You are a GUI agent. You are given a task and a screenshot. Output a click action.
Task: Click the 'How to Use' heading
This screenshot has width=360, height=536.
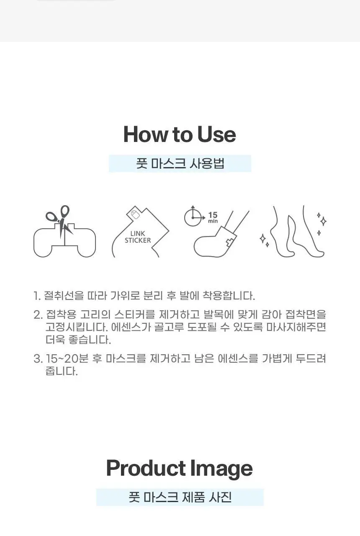[x=180, y=134]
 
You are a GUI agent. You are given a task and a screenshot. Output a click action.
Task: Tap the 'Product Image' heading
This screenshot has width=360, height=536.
[x=180, y=468]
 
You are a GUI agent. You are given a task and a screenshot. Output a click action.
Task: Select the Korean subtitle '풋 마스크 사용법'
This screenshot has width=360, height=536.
[x=180, y=164]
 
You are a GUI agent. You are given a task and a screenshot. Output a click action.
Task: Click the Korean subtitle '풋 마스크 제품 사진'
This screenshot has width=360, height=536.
[x=180, y=497]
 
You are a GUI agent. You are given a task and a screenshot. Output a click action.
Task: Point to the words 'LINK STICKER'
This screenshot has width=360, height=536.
[x=138, y=237]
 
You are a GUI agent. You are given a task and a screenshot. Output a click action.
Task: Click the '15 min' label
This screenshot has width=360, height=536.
[x=213, y=217]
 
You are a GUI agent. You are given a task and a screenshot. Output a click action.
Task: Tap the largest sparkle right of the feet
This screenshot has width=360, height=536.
[x=323, y=221]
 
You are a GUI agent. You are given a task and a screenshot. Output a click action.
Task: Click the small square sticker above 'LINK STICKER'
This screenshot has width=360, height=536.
[x=135, y=214]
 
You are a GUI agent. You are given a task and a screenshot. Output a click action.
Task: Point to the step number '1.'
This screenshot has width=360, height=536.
[x=37, y=296]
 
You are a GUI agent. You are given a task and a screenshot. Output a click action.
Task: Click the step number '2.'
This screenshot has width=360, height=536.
[x=38, y=315]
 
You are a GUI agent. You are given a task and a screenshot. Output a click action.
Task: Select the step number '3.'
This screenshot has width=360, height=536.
[x=38, y=359]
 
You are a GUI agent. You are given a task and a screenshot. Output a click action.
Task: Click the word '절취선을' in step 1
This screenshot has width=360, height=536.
[x=64, y=296]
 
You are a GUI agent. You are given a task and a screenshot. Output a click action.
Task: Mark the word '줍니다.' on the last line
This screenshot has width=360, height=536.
[x=62, y=371]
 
